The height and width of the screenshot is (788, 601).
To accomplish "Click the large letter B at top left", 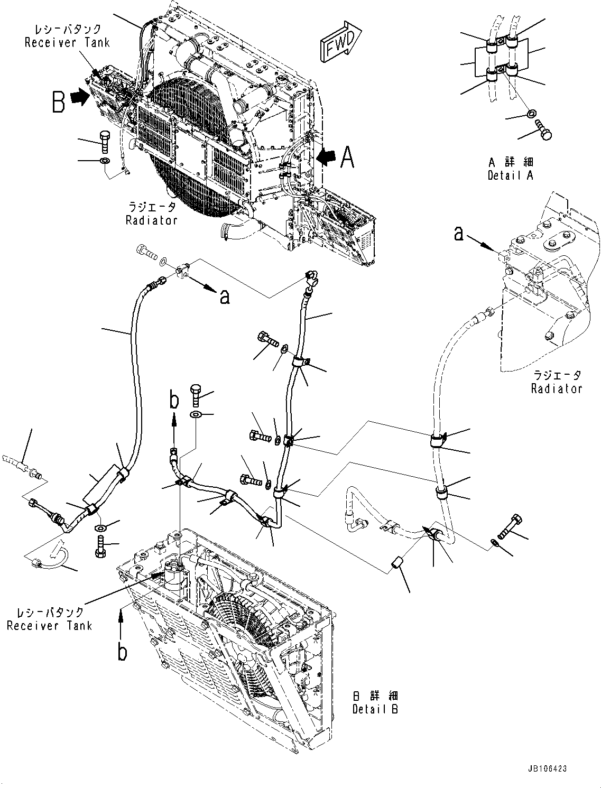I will [59, 101].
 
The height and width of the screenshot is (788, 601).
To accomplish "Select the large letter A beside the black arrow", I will [347, 157].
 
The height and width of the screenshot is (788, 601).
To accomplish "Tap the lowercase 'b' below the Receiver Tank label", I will [122, 652].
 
